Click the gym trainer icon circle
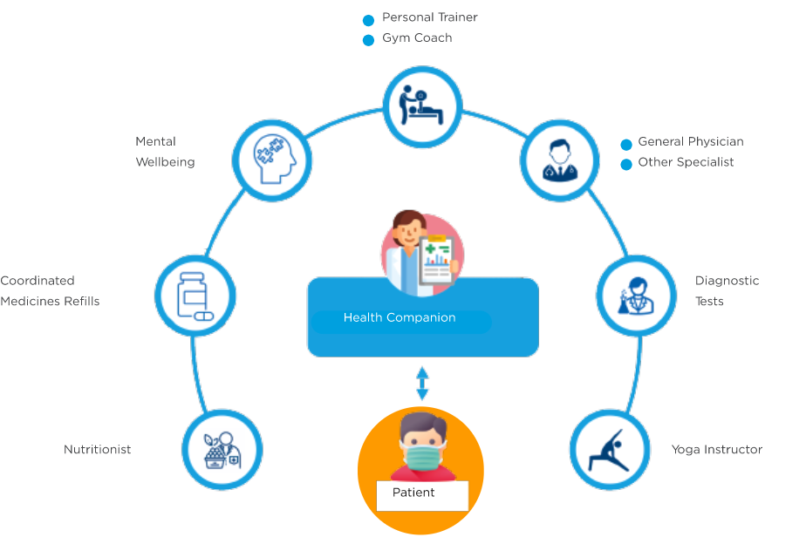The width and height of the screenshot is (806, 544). tap(422, 105)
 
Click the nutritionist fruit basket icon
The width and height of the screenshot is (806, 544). tap(222, 450)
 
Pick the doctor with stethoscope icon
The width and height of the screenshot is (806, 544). tap(560, 160)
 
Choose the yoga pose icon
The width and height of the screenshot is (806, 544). tap(610, 450)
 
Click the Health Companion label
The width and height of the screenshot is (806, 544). tap(400, 318)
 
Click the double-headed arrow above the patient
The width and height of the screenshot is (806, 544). tap(422, 384)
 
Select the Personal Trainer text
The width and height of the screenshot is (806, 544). tap(430, 17)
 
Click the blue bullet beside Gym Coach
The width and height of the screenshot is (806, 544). tap(368, 40)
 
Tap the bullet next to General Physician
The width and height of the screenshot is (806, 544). tap(625, 143)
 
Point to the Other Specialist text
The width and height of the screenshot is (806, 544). tap(686, 162)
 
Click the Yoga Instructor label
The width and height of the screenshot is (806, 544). tap(717, 450)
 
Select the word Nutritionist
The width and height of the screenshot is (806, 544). tap(98, 450)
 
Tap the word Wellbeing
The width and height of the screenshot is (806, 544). tap(165, 162)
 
